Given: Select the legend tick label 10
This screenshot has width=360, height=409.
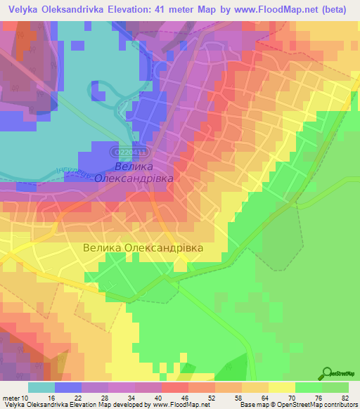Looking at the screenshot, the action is click(27, 397).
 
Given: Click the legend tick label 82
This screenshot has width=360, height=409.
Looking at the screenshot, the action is click(344, 397).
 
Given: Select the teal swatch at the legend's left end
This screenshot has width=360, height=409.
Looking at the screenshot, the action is click(41, 387).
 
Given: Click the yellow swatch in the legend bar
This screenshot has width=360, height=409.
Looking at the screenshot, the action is click(282, 387).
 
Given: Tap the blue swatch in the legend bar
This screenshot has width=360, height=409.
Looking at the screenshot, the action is click(68, 387).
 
